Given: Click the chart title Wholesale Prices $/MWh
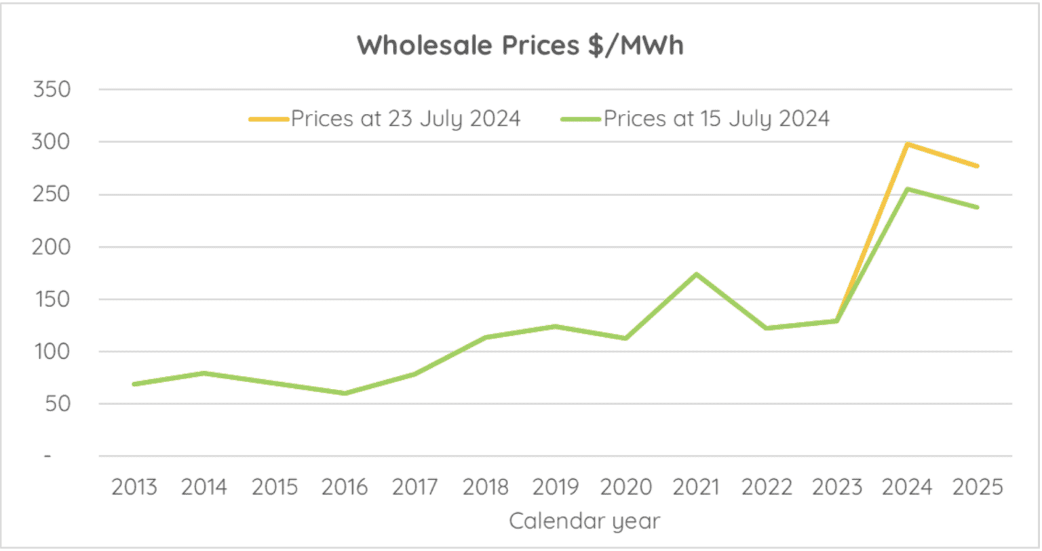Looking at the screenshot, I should tap(520, 45).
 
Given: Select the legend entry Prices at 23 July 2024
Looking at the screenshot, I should tap(405, 119).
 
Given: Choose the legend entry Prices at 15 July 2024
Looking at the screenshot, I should tap(716, 119).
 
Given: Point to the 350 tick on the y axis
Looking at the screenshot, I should tap(52, 90).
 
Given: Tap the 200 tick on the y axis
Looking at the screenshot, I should tap(52, 247).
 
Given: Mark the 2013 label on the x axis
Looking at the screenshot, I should tap(134, 487).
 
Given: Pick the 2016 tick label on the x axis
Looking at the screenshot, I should tap(345, 487).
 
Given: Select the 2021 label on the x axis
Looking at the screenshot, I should tap(697, 487).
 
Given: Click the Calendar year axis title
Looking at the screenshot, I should tap(584, 521).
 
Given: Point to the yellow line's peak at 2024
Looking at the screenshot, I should tap(907, 144).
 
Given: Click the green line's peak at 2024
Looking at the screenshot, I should tap(907, 189).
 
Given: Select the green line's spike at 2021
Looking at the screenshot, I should tap(697, 274).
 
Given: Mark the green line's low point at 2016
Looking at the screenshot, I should tap(345, 393).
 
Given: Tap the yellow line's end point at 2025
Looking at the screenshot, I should tap(978, 166).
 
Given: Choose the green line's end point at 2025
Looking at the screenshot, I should tap(978, 207).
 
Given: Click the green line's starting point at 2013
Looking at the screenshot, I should tap(134, 384).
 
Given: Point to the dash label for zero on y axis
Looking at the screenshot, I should tap(47, 456).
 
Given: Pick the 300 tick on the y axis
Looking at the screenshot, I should tap(52, 142).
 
